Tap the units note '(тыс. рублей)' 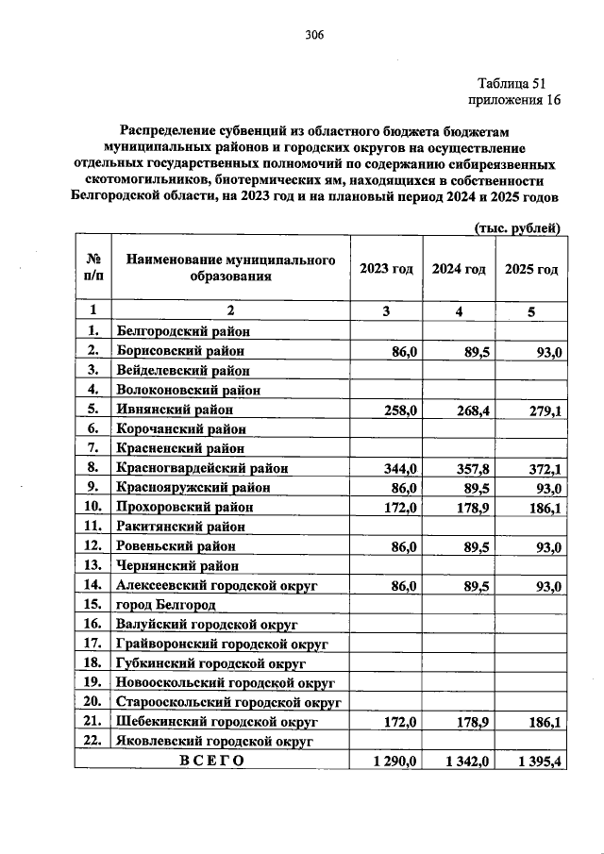(516, 227)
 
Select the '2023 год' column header (386, 269)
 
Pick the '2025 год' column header (531, 269)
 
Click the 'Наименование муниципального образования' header (231, 269)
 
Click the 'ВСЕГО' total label (212, 761)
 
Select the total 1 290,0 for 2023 (391, 761)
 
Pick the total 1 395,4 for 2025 (536, 761)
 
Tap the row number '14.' (92, 585)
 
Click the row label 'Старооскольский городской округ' (227, 702)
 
